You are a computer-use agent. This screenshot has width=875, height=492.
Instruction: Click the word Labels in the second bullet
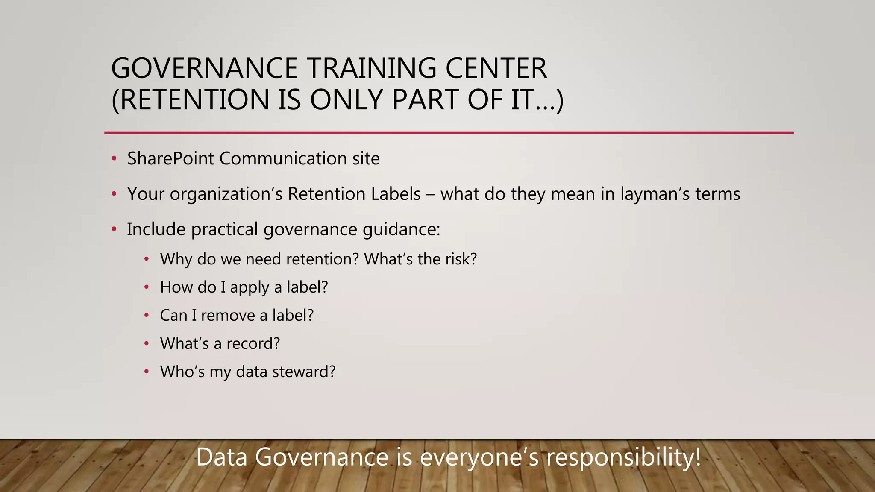(396, 194)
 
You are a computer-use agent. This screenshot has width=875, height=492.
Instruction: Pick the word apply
(250, 287)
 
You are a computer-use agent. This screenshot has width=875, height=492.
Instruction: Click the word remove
(228, 316)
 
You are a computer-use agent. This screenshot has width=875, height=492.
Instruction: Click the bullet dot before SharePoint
(114, 159)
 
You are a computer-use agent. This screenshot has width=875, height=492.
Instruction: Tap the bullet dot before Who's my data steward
(147, 372)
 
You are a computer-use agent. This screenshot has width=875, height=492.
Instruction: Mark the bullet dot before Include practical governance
(114, 230)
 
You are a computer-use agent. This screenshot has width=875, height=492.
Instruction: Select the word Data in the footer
(222, 457)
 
